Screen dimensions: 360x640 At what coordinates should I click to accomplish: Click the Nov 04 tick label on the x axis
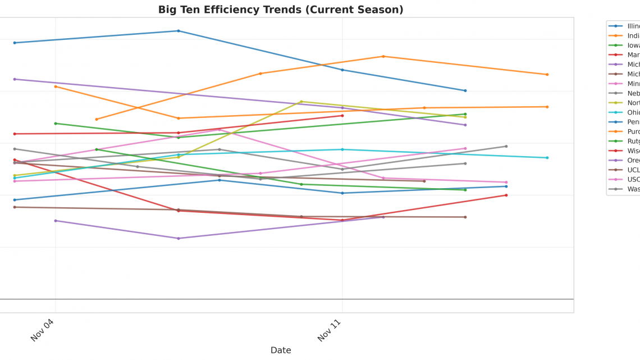pyautogui.click(x=42, y=330)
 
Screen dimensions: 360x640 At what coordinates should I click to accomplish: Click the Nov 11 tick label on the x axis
pyautogui.click(x=329, y=330)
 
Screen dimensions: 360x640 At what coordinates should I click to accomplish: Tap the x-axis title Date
pyautogui.click(x=281, y=350)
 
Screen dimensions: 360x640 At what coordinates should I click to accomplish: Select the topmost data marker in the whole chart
pyautogui.click(x=179, y=31)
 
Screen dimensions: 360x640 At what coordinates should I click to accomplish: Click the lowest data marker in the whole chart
pyautogui.click(x=179, y=238)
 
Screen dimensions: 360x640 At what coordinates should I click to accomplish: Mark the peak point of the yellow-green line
pyautogui.click(x=301, y=102)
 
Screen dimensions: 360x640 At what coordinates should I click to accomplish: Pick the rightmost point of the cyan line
pyautogui.click(x=547, y=158)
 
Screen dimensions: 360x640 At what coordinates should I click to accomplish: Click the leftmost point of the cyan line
pyautogui.click(x=15, y=178)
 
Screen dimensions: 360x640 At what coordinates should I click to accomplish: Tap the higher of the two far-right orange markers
pyautogui.click(x=547, y=75)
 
